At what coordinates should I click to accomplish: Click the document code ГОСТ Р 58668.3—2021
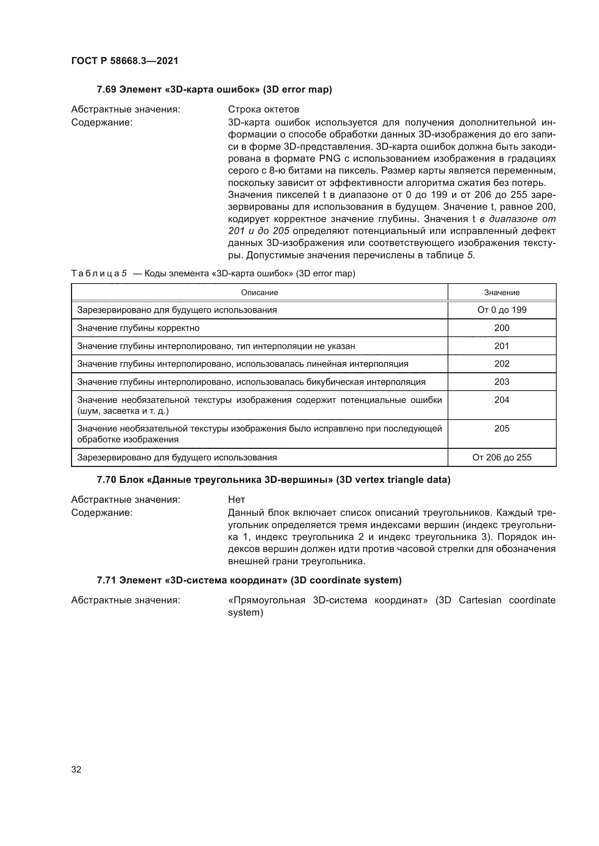click(125, 61)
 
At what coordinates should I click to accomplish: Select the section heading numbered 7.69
click(214, 90)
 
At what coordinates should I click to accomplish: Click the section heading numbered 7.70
click(273, 480)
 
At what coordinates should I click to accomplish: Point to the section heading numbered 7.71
click(249, 580)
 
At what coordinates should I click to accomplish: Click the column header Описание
click(259, 293)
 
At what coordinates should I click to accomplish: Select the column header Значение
click(502, 293)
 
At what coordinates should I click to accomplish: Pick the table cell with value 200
click(502, 328)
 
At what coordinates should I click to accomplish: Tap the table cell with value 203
click(502, 382)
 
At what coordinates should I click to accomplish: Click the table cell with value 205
click(502, 429)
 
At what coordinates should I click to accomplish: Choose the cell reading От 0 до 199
click(502, 310)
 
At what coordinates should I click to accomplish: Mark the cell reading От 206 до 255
click(502, 458)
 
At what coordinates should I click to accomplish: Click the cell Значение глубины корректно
click(138, 328)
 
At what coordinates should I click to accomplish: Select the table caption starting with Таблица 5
click(213, 273)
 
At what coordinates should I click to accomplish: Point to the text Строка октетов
click(263, 110)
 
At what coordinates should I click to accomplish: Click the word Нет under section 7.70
click(236, 499)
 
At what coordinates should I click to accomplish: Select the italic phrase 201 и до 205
click(259, 231)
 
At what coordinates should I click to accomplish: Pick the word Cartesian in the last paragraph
click(480, 600)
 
